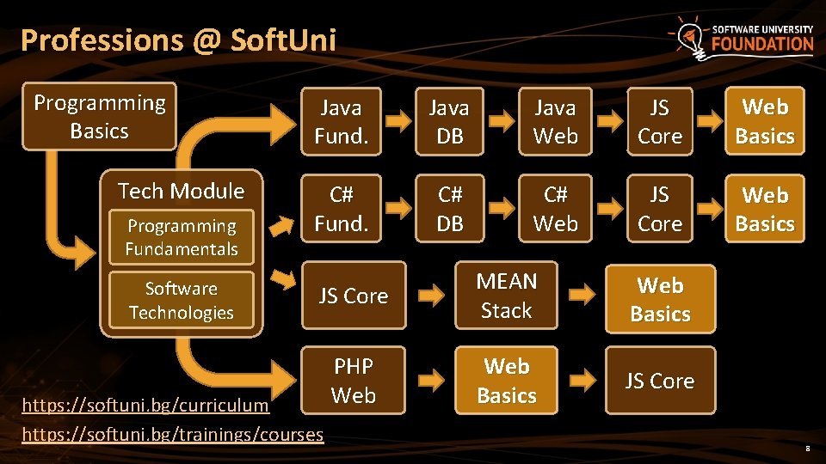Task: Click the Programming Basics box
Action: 99,117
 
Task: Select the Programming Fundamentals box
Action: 182,237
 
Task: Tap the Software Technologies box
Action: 182,301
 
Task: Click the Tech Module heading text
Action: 181,191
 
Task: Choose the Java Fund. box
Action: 341,122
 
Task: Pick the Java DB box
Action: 449,122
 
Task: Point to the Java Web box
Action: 555,122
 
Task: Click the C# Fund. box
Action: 341,210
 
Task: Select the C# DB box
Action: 449,210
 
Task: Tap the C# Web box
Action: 555,210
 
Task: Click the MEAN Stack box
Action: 506,296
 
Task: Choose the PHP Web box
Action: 353,381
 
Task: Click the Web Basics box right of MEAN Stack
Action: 660,300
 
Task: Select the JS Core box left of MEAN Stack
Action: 353,296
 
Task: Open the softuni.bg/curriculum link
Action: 145,404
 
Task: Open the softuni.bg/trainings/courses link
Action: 172,434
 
